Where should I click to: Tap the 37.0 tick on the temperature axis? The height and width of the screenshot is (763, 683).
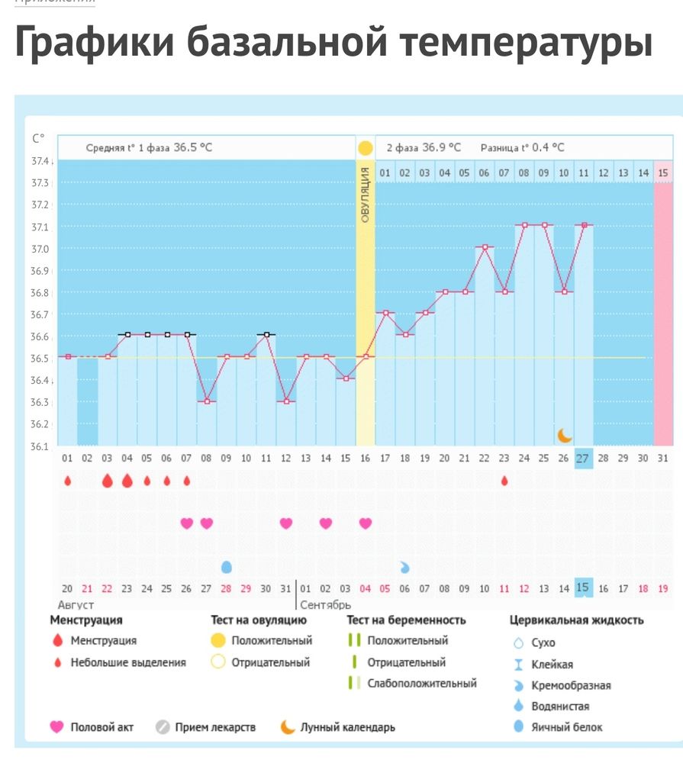tap(40, 249)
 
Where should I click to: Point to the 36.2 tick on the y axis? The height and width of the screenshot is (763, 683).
tap(40, 424)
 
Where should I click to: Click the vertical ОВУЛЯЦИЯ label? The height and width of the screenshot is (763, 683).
tap(365, 195)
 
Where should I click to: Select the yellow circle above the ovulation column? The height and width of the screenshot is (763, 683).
tap(365, 148)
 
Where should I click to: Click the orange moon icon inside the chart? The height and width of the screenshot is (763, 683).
tap(564, 435)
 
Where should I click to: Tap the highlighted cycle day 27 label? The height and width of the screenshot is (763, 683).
tap(583, 459)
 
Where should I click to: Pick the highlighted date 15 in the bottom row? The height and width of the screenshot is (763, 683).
tap(583, 588)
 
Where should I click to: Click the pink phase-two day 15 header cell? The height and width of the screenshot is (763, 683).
tap(663, 173)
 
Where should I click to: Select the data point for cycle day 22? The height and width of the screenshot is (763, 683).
tap(484, 247)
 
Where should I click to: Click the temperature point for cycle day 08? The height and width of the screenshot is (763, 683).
tap(206, 401)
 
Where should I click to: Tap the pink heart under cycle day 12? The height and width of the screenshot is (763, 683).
tap(285, 523)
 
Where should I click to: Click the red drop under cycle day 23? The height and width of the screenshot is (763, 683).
tap(504, 481)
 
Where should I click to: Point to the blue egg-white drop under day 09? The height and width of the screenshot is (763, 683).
tap(226, 567)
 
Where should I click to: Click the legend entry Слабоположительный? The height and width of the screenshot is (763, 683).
tap(421, 684)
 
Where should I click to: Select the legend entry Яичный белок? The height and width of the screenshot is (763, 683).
tap(566, 727)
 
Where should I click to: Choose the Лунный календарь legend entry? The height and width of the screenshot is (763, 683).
tap(347, 728)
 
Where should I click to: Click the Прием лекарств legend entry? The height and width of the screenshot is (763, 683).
tap(214, 728)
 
